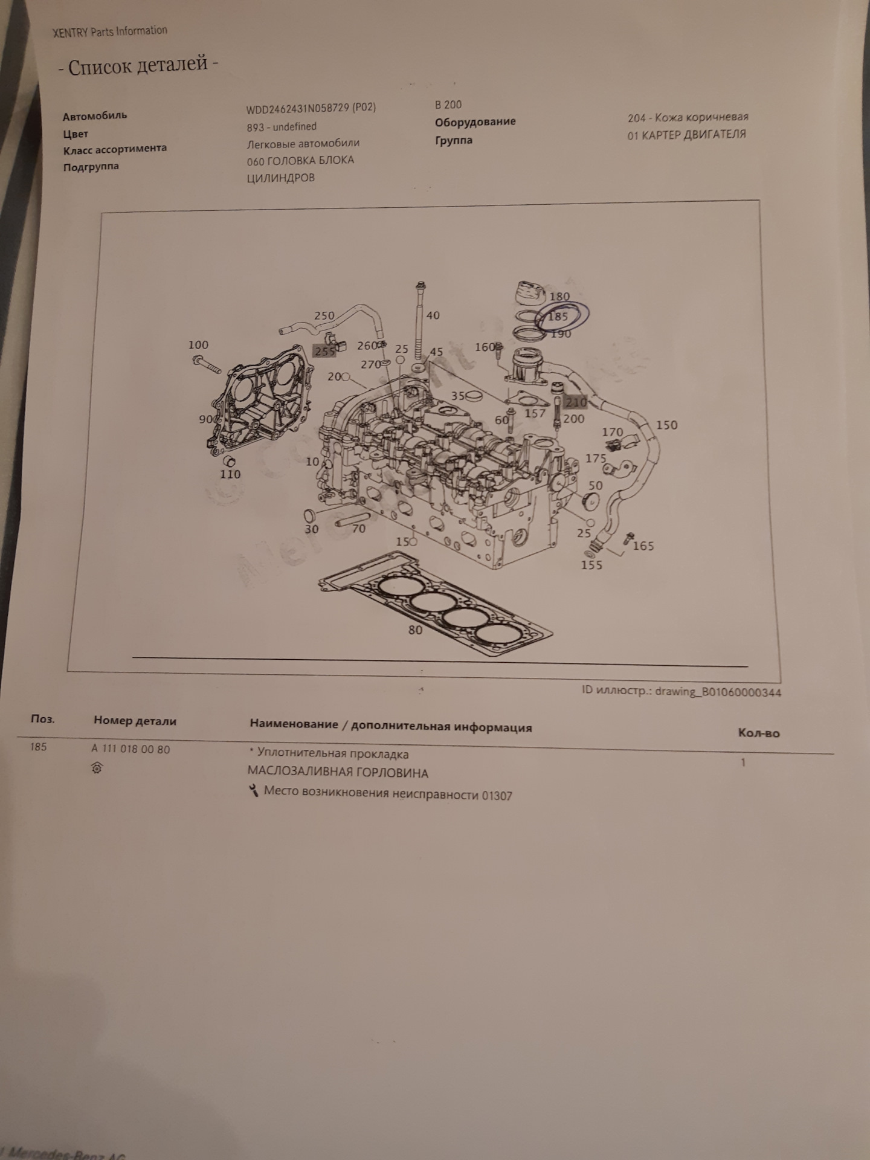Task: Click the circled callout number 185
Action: coord(558,316)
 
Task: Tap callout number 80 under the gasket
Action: coord(415,630)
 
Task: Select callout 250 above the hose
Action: coord(324,315)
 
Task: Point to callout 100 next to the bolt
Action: coord(198,345)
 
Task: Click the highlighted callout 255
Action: coord(324,352)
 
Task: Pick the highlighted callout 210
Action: coord(576,402)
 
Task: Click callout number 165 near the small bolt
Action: coord(643,546)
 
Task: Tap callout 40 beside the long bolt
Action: coord(433,315)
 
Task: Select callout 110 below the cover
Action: coord(230,474)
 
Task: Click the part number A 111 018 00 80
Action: coord(130,749)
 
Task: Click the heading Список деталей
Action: coord(138,65)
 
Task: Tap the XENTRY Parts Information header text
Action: coord(110,31)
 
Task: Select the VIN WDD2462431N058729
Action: coord(298,109)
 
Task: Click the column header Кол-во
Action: coord(759,733)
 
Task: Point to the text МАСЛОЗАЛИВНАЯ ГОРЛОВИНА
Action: coord(338,773)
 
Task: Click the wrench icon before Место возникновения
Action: coord(254,790)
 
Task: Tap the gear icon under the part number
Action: coord(97,768)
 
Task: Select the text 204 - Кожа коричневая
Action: coord(688,117)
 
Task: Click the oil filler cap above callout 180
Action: coord(530,292)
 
